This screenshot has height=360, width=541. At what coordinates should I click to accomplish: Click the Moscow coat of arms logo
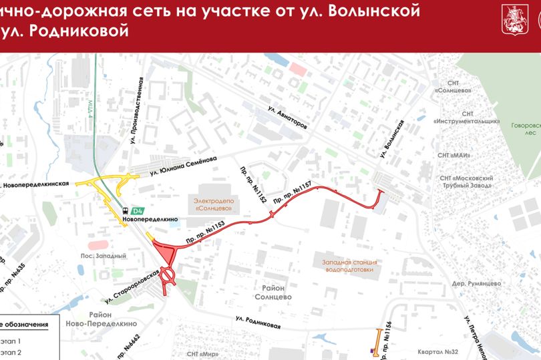coord(512,17)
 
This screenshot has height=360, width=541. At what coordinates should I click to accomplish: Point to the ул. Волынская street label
coord(393,139)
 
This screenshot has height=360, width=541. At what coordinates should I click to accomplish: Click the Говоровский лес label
coord(524,129)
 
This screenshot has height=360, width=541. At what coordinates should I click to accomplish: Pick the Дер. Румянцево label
coord(476,283)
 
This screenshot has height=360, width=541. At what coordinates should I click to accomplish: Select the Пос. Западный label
coord(104,256)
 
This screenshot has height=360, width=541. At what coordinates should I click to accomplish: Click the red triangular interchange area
coord(164,254)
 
